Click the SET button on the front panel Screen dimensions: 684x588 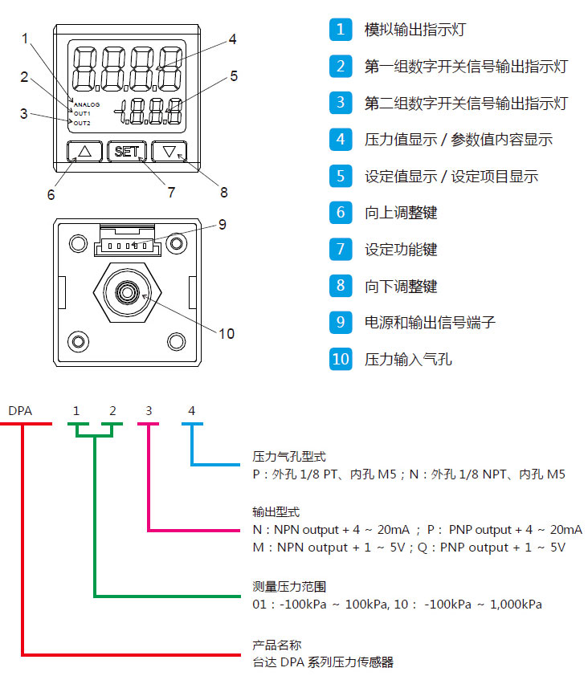click(127, 151)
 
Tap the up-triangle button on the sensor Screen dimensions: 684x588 click(85, 151)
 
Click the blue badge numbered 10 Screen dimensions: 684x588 click(341, 358)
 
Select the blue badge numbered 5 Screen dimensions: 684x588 click(341, 176)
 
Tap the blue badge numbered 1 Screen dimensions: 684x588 click(341, 30)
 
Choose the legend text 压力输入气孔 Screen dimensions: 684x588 click(408, 359)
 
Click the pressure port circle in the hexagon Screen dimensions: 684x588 click(126, 292)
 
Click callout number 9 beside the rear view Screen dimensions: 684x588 click(223, 224)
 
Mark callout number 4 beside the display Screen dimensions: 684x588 click(232, 39)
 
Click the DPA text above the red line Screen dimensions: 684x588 click(20, 411)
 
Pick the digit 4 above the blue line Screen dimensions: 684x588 click(191, 411)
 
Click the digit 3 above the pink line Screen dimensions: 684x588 click(149, 411)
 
